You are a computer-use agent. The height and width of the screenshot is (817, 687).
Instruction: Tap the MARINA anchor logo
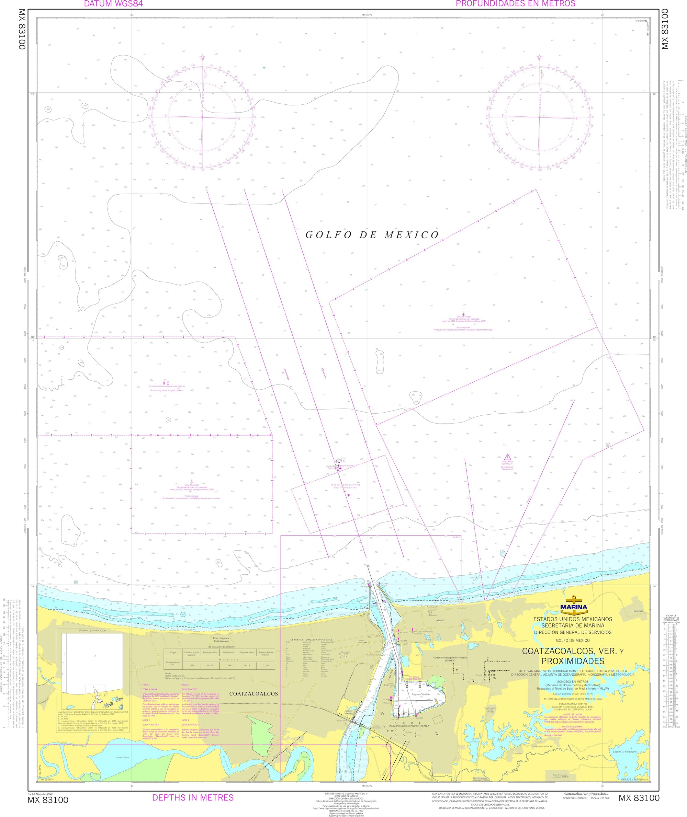[573, 606]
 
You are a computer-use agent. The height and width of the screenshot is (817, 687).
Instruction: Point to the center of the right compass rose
[539, 117]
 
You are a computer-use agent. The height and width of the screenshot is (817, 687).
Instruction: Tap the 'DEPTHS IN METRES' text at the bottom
[193, 797]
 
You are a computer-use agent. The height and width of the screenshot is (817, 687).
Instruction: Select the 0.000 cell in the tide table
[266, 666]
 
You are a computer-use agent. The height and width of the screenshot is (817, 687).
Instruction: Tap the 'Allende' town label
[440, 620]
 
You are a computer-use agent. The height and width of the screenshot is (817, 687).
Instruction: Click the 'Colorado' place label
[638, 611]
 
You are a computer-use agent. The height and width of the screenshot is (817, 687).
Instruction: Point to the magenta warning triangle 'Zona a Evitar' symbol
[507, 457]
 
